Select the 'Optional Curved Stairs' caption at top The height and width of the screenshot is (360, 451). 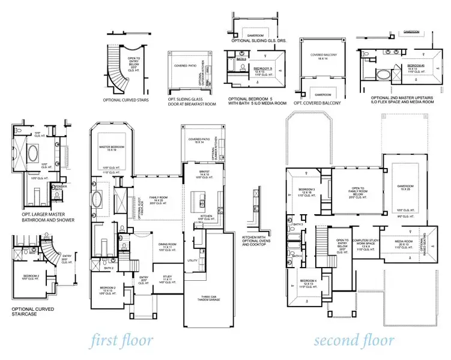coord(126,100)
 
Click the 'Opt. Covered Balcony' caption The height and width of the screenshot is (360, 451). coord(318,103)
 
